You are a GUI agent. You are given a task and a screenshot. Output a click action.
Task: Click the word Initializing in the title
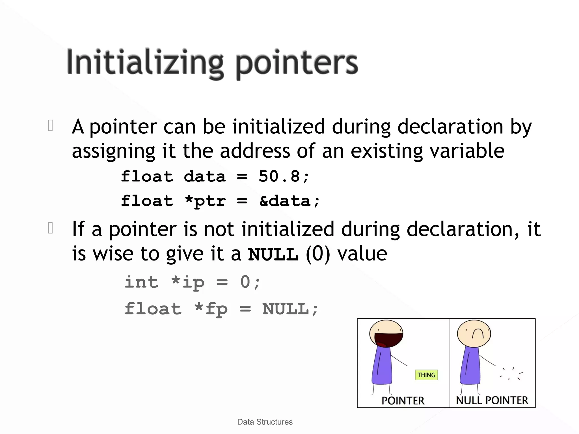click(x=145, y=63)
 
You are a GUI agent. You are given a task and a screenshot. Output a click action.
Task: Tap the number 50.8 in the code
click(x=279, y=177)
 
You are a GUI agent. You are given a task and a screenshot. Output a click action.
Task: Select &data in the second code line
click(x=285, y=201)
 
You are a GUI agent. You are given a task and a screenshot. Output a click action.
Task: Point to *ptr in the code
click(x=205, y=201)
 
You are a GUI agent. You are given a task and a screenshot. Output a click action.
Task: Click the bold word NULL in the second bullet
click(x=273, y=254)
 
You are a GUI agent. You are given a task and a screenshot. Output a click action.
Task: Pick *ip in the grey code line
click(x=188, y=282)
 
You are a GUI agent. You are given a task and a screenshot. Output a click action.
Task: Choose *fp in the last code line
click(x=211, y=309)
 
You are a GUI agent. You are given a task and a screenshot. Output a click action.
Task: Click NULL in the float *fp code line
click(x=286, y=309)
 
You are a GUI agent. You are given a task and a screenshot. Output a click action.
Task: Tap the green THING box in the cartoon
click(x=426, y=375)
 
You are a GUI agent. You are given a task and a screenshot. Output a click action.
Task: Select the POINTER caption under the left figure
click(x=403, y=400)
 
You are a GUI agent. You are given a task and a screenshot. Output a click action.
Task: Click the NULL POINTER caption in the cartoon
click(x=492, y=400)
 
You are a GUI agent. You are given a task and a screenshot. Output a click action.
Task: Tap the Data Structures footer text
click(x=265, y=422)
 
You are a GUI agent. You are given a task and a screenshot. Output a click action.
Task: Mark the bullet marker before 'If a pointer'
click(x=51, y=228)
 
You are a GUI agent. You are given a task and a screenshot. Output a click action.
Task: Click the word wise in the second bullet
click(x=113, y=253)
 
